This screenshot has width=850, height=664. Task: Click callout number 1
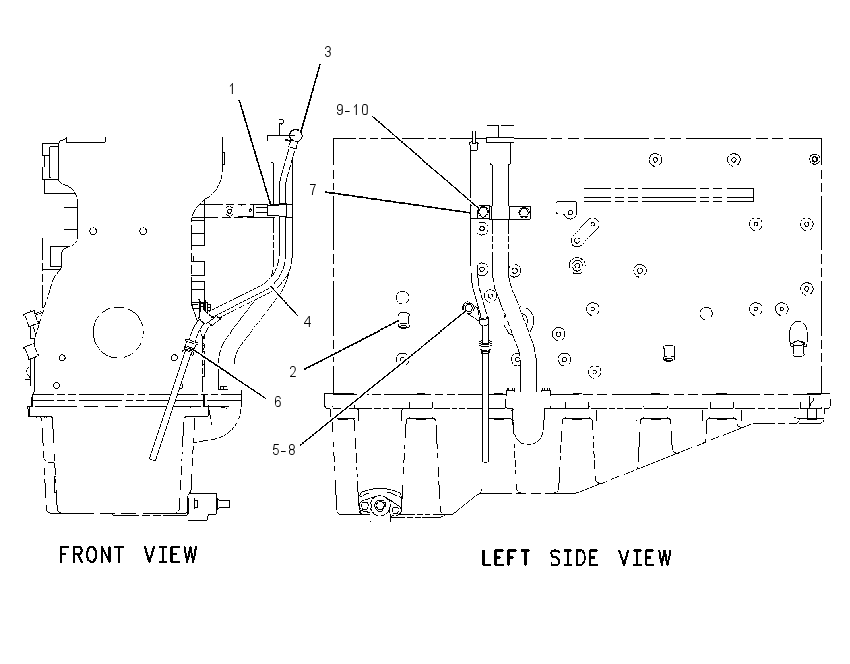click(232, 89)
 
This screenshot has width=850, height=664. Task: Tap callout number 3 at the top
click(327, 51)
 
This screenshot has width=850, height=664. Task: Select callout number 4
click(307, 322)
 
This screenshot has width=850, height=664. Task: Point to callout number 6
click(278, 402)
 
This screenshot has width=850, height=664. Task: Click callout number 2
click(293, 372)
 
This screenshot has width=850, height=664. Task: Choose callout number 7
click(313, 190)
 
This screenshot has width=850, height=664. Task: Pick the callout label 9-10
click(352, 110)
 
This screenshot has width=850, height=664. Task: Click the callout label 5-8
click(284, 450)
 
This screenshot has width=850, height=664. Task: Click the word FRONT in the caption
click(91, 555)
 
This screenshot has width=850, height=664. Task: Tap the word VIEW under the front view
click(170, 555)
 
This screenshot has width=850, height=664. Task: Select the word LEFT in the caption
click(505, 558)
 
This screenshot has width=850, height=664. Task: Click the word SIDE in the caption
click(574, 558)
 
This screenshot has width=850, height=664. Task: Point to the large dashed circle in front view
click(118, 307)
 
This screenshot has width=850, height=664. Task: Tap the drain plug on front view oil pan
click(209, 504)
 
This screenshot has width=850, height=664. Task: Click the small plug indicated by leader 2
click(404, 320)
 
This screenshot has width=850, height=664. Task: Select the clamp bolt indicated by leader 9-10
click(483, 211)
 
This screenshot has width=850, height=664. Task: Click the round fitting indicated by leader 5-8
click(468, 308)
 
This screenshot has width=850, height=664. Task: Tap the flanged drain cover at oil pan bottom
click(379, 502)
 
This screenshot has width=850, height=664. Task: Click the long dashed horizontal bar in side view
click(668, 195)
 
